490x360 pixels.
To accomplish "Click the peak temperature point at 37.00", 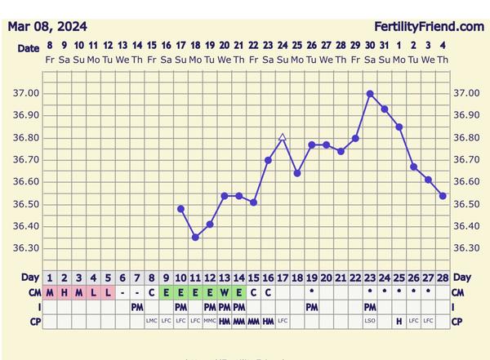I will click(370, 94).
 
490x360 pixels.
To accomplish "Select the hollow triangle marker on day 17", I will click(283, 137).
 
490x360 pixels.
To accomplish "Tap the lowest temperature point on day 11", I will click(195, 238).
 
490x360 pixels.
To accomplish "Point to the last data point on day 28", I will click(443, 196).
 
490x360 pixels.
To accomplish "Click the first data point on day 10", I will click(180, 209).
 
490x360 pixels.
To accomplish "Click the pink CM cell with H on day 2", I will click(65, 292).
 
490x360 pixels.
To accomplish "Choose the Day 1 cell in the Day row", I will click(50, 278).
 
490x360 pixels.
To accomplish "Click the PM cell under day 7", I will click(137, 307).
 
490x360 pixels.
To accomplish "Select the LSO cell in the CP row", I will click(370, 321).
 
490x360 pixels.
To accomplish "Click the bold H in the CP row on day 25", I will click(399, 321).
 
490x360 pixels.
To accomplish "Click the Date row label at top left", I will click(28, 49).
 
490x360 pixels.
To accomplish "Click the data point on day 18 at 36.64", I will click(297, 173).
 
